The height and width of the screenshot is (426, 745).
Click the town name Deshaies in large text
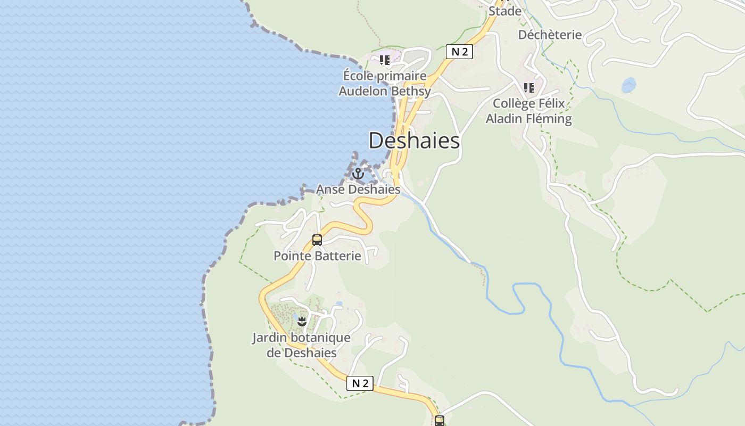[x=414, y=141]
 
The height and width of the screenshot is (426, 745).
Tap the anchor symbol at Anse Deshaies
[x=358, y=174]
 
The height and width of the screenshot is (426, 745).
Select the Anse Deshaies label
[x=358, y=189]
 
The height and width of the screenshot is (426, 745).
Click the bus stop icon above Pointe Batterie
[x=317, y=240]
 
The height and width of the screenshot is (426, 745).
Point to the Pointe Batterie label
[x=317, y=256]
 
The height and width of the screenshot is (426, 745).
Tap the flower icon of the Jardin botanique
[x=302, y=321]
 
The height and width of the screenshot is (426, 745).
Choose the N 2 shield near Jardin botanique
[x=360, y=383]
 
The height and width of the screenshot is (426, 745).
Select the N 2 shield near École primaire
[x=459, y=52]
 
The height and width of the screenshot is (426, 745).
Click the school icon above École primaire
[x=384, y=60]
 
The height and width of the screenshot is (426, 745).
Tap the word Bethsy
[x=410, y=91]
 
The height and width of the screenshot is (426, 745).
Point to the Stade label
[x=505, y=11]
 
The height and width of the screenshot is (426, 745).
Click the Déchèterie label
[x=550, y=35]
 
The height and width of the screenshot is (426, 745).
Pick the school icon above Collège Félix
[x=528, y=87]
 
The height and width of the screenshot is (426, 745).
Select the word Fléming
[x=549, y=119]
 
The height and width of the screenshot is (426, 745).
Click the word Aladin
[x=504, y=119]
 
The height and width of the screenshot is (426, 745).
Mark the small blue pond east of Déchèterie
[x=628, y=85]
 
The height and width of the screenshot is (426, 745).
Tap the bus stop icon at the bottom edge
[x=439, y=421]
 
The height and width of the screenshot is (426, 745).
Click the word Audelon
[x=363, y=91]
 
